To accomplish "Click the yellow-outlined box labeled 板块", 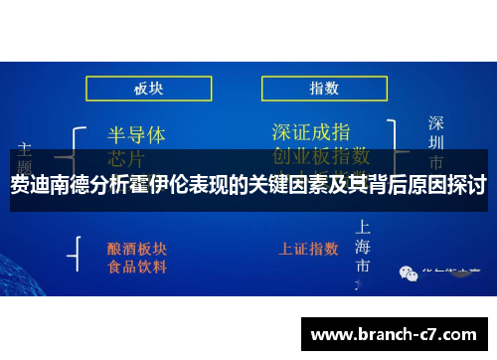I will coord(148,88).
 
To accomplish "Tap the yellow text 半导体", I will coord(136,133).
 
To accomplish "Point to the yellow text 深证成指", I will coord(311,131).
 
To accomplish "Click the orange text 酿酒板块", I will coord(137,247).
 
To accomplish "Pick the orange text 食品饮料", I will coord(137,267).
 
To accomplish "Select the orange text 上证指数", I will coord(311,247).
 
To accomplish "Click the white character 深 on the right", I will coord(436,123).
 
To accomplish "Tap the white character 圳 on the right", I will coord(436,143).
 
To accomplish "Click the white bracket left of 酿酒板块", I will coord(75,254).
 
